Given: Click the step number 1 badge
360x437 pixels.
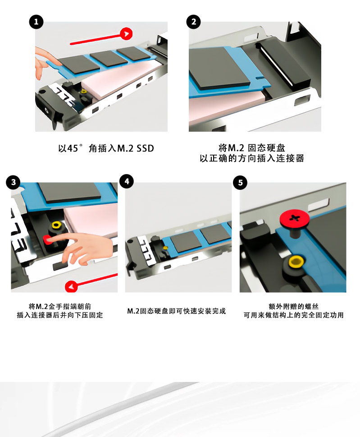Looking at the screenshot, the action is (x=36, y=22).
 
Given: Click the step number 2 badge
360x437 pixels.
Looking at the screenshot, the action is (x=193, y=22).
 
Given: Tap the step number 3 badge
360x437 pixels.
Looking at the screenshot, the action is (x=13, y=182).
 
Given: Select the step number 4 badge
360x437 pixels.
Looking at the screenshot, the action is (x=127, y=181).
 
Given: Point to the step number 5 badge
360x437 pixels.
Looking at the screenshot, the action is (x=240, y=183).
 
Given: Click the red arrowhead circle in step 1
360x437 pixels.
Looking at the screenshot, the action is (x=126, y=34).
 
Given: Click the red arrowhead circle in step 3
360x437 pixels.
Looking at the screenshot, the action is (x=71, y=286).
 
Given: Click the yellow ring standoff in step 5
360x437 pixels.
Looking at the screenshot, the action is (x=296, y=262).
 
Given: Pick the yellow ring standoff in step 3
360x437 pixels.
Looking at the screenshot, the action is (x=56, y=225).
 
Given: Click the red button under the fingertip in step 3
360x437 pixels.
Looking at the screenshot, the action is (x=47, y=239).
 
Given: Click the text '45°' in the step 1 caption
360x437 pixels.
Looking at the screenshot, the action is (x=75, y=148).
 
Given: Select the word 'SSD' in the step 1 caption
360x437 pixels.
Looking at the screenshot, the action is (x=145, y=148).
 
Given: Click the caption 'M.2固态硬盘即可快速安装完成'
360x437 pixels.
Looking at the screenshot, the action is (x=176, y=311).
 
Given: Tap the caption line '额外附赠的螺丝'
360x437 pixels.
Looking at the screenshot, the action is (x=293, y=307).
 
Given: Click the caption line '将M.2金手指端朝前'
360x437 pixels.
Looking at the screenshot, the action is (x=60, y=307).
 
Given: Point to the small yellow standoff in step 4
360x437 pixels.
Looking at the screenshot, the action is (x=165, y=248).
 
